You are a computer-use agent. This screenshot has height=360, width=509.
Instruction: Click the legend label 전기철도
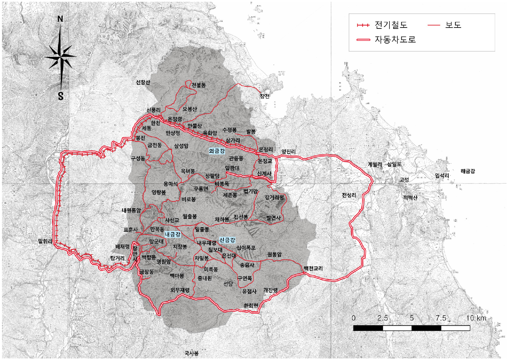pos(391,25)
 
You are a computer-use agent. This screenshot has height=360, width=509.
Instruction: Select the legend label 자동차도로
pos(395,40)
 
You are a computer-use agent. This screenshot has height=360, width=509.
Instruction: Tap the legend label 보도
pos(453,25)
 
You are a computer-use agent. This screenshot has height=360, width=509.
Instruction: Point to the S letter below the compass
pos(61,96)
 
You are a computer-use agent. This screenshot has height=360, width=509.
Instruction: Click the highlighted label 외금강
pos(217,151)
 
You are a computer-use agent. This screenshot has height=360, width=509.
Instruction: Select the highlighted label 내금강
pos(173,235)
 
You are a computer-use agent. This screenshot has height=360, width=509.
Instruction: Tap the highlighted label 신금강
pos(227,240)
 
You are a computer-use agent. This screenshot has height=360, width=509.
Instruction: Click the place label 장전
pos(265,96)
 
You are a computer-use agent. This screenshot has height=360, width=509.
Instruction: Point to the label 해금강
pos(468,171)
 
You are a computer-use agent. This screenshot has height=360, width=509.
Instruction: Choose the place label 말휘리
pos(45,241)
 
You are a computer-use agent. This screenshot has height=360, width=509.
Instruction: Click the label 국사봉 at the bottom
pos(191,353)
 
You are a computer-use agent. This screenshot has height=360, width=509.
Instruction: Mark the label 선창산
pos(143,82)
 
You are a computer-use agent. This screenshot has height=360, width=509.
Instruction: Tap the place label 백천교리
pos(313,269)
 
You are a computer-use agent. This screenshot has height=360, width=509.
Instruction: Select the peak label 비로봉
pos(189,199)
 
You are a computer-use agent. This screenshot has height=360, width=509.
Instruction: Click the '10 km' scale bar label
pos(476,318)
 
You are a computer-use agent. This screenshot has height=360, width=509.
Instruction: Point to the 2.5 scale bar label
pos(382,318)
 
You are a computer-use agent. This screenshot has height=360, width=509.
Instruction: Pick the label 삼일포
pos(394,164)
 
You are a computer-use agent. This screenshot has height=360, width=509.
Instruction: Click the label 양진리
pos(288,152)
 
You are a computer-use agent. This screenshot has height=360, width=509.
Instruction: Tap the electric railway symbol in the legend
pos(363,25)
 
